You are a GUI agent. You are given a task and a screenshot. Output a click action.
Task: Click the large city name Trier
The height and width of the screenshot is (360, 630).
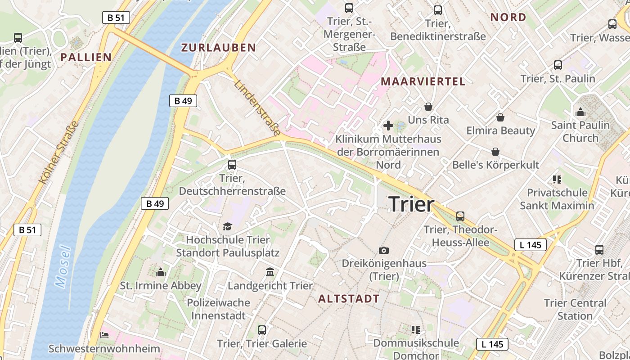point(411,205)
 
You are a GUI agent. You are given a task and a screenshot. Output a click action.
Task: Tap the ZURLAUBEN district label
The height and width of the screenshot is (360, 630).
point(218,48)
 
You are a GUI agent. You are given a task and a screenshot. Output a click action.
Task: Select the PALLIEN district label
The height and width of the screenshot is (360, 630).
point(86,57)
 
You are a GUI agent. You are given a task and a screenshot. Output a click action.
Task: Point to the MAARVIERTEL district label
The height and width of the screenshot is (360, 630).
point(423,81)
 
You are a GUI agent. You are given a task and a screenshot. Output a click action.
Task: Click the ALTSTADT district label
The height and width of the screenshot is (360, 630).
point(349,298)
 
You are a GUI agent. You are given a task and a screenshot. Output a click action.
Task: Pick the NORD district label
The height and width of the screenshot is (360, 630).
point(508,18)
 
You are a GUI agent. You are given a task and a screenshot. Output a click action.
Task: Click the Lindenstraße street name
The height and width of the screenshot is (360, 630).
point(258,108)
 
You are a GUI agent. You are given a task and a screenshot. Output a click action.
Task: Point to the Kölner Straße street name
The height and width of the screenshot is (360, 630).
point(59,153)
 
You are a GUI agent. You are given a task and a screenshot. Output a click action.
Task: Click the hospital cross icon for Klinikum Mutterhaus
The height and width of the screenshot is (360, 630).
point(388,126)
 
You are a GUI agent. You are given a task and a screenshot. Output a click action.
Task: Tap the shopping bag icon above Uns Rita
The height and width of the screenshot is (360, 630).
point(428,107)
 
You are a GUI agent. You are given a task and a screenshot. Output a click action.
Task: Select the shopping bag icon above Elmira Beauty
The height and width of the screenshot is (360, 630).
point(500,117)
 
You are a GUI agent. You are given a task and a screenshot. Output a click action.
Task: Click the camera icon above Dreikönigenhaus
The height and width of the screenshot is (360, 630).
point(384,250)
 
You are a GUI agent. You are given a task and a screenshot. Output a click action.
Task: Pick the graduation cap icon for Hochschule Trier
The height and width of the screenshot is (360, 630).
point(227,226)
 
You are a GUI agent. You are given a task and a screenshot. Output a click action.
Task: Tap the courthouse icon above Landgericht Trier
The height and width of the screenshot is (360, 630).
point(270,272)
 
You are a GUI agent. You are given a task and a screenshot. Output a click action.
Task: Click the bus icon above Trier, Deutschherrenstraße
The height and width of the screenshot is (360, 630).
point(232,165)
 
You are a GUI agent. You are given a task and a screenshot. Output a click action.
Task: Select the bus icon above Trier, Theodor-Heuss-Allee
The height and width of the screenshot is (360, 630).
point(460,216)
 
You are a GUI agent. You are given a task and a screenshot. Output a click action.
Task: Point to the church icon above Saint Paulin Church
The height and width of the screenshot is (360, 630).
point(580,112)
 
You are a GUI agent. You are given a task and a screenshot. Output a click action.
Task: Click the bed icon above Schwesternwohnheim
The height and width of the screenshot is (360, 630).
point(104,335)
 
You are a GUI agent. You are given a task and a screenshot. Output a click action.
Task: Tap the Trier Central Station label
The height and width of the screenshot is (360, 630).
point(575,309)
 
